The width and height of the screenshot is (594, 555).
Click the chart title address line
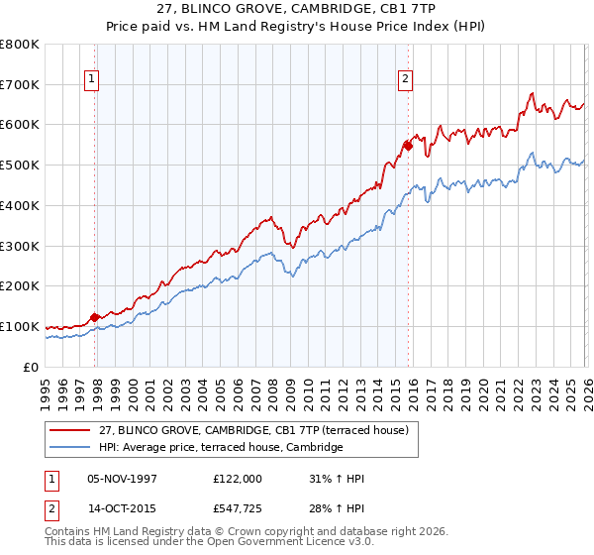pyautogui.click(x=297, y=8)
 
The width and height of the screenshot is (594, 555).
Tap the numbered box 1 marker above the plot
pyautogui.click(x=91, y=81)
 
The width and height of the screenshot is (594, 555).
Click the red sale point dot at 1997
pyautogui.click(x=95, y=318)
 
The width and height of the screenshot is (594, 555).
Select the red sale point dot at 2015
pyautogui.click(x=408, y=146)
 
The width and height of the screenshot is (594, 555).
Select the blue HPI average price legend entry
pyautogui.click(x=220, y=448)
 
